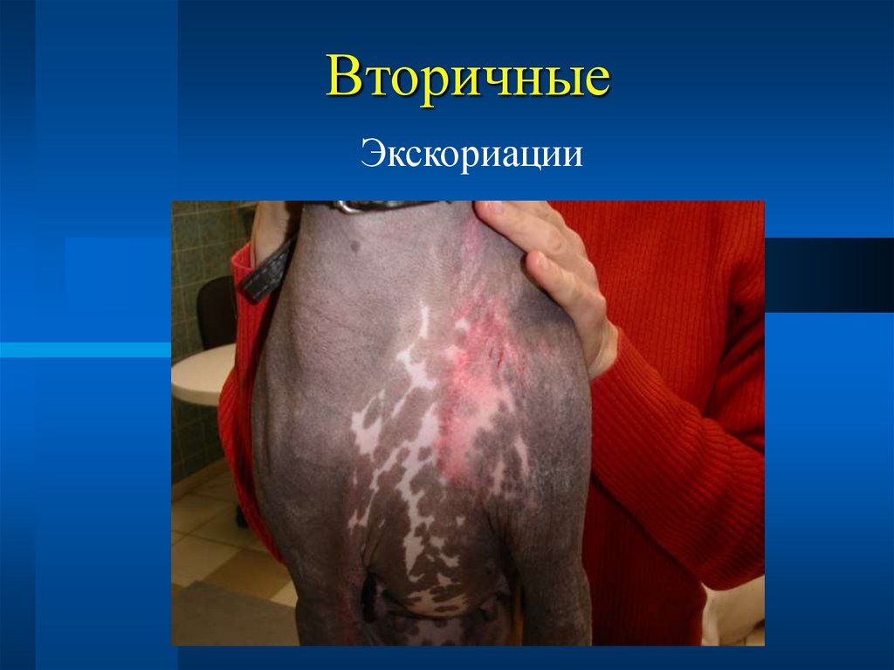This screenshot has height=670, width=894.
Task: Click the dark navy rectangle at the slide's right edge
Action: (829, 275)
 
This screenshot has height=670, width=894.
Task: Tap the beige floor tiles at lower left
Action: (210, 550)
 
